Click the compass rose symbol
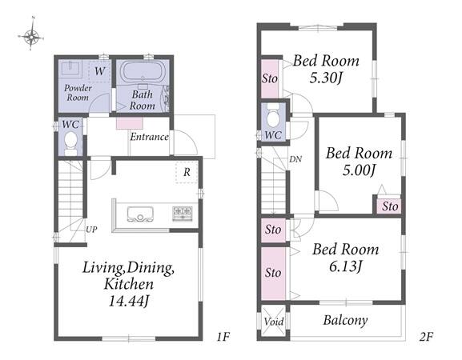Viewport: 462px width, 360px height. tap(32, 37)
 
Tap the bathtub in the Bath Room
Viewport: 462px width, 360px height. tap(143, 71)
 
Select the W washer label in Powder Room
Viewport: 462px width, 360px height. tap(99, 71)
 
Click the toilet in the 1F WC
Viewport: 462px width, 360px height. tap(70, 142)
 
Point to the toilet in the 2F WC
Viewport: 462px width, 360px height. tap(273, 117)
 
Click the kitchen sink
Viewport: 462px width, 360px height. tap(140, 214)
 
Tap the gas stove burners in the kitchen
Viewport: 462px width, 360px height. tap(183, 214)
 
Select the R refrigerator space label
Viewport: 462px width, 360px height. tap(187, 172)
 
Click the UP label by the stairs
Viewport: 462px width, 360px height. tap(91, 230)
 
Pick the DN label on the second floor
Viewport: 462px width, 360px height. tap(295, 159)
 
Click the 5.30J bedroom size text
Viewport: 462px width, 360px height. tap(326, 78)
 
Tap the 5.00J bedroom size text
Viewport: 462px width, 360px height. tap(359, 170)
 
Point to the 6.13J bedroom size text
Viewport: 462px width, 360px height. tap(345, 266)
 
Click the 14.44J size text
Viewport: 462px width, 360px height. tap(128, 301)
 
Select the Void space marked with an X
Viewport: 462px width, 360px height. tap(274, 321)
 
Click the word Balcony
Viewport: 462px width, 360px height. tap(345, 320)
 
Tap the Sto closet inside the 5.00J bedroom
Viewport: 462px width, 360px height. tap(389, 206)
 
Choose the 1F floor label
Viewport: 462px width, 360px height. tap(223, 337)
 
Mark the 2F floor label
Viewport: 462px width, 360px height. tap(425, 337)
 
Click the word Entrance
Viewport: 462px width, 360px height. tap(150, 137)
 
